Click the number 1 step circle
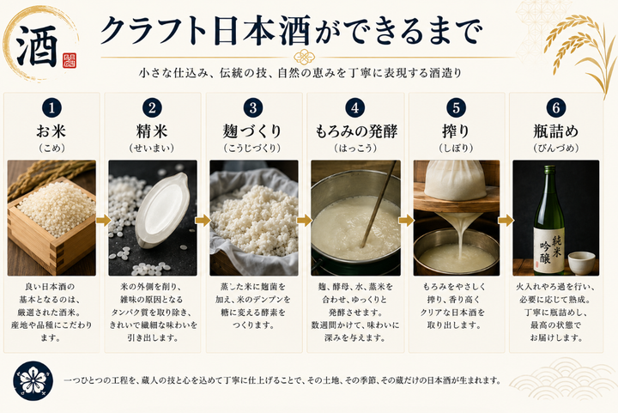(51, 108)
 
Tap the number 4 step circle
(355, 108)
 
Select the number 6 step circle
(556, 108)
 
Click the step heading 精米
(152, 131)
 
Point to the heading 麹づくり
(252, 131)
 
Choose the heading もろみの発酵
(356, 131)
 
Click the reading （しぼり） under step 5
(456, 149)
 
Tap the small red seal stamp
(70, 61)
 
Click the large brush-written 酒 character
(38, 46)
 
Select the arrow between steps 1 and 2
(103, 221)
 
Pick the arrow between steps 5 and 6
(506, 221)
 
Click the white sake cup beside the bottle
(581, 263)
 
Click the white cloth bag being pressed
(455, 179)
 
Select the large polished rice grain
(162, 210)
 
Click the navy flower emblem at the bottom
(33, 380)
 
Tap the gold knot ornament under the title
(304, 58)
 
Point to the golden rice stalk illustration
(579, 52)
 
